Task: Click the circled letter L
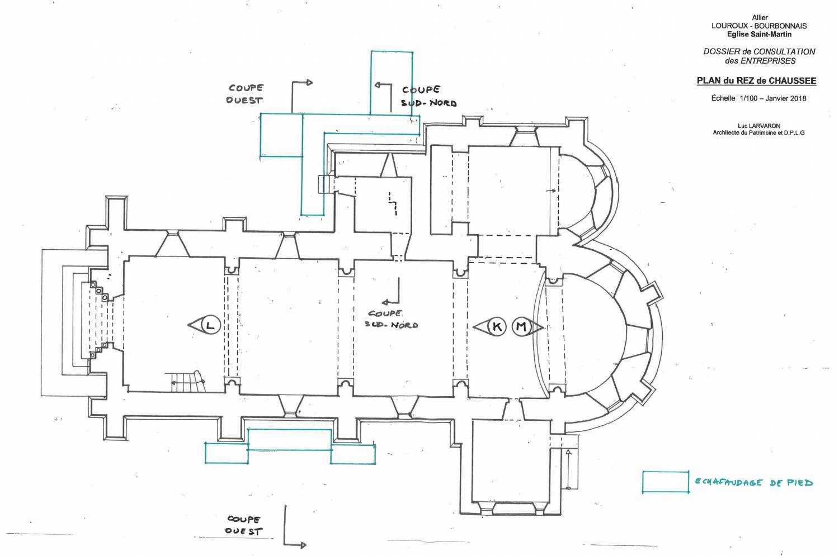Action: pyautogui.click(x=210, y=325)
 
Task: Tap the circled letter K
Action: pyautogui.click(x=497, y=326)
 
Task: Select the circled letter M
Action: pyautogui.click(x=521, y=326)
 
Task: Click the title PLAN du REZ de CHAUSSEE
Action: pyautogui.click(x=756, y=80)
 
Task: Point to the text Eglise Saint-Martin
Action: pyautogui.click(x=759, y=34)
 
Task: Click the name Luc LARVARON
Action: pyautogui.click(x=758, y=126)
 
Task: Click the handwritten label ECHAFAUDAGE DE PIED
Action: pyautogui.click(x=754, y=482)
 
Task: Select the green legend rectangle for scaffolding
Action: pyautogui.click(x=665, y=482)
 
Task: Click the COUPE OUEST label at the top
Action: pyautogui.click(x=245, y=94)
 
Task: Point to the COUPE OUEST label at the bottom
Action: pyautogui.click(x=244, y=525)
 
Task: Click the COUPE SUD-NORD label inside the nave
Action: pyautogui.click(x=391, y=319)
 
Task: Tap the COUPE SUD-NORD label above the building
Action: pyautogui.click(x=428, y=96)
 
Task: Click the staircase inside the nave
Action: pyautogui.click(x=187, y=382)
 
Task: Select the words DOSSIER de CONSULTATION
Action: pyautogui.click(x=759, y=51)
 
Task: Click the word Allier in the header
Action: pyautogui.click(x=760, y=17)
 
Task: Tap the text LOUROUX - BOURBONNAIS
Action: pyautogui.click(x=759, y=26)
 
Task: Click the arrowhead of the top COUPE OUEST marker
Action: pyautogui.click(x=309, y=83)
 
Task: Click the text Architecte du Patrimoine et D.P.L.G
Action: pyautogui.click(x=758, y=133)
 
